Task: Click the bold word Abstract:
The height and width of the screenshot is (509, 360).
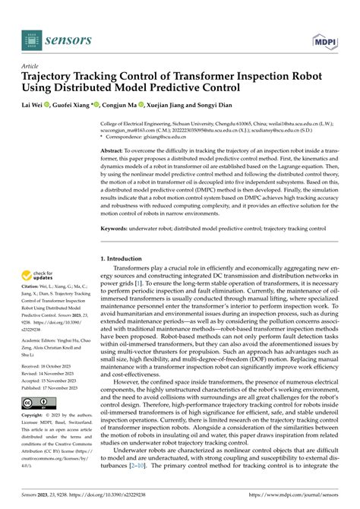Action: click(115, 151)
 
